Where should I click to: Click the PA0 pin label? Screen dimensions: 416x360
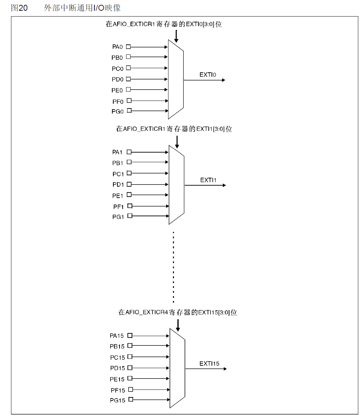[117, 47]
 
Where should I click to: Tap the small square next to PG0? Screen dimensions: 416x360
[129, 111]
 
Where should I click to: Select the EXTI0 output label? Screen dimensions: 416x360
[208, 75]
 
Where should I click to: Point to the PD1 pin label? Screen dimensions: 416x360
[118, 185]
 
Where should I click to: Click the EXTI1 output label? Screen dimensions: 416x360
[208, 180]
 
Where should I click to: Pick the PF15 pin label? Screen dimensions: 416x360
[118, 390]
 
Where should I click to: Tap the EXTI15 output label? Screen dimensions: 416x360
[209, 364]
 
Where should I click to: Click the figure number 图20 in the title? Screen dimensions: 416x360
[19, 8]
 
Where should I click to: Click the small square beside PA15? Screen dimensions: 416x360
[130, 335]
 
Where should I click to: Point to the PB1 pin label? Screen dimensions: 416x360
[117, 163]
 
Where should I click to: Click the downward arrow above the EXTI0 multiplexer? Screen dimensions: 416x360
[176, 36]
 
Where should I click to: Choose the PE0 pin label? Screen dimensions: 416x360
[117, 91]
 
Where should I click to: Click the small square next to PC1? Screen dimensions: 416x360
[129, 173]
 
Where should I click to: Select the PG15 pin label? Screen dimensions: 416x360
[117, 401]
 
